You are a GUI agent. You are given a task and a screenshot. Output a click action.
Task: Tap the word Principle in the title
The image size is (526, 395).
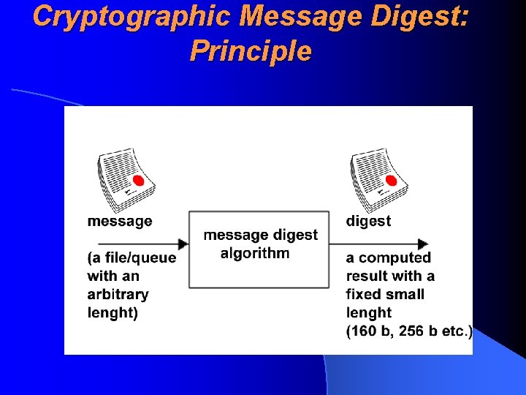(250, 51)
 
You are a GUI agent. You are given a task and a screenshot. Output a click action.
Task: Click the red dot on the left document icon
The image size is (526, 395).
(138, 181)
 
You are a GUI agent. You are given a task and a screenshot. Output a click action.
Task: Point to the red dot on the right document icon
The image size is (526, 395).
(391, 180)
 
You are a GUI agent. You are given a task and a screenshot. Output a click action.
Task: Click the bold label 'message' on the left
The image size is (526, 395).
(120, 221)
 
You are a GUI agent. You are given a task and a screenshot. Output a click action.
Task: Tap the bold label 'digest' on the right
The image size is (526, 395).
(368, 221)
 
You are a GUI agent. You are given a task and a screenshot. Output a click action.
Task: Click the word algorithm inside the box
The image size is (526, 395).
(255, 254)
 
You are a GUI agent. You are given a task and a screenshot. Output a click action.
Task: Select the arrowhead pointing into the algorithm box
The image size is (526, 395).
(182, 244)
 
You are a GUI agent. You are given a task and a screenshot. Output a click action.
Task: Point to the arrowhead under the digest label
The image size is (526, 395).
(422, 244)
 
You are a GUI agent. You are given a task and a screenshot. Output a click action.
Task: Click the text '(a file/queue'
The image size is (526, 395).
(131, 257)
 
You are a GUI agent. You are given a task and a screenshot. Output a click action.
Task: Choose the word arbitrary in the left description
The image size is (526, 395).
(118, 294)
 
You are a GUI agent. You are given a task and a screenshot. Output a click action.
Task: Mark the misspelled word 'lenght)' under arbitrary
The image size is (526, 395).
(113, 312)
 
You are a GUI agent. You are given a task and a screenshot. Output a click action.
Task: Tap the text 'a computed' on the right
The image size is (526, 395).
(388, 257)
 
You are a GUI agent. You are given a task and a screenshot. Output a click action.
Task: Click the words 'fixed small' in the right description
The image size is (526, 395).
(384, 294)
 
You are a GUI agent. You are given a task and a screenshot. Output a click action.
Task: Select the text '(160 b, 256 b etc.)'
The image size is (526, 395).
(408, 331)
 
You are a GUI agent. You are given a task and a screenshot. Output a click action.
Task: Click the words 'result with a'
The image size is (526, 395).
(390, 276)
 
